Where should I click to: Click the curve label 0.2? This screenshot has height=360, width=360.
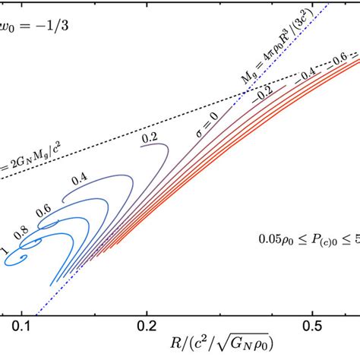[149, 140]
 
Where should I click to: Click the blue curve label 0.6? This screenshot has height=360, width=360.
[45, 209]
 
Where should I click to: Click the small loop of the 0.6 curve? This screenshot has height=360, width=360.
[48, 224]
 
